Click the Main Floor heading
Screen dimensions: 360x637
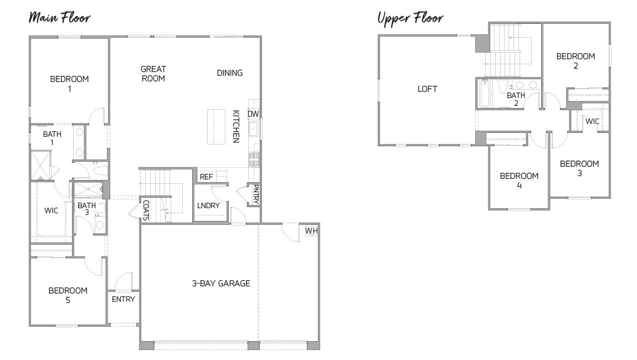[59, 17]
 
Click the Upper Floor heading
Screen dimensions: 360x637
[410, 18]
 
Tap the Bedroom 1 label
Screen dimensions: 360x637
[69, 83]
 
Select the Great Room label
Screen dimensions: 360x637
[153, 74]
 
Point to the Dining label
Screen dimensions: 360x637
[229, 73]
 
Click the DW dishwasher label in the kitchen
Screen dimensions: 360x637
[253, 114]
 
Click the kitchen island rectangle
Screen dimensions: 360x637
[216, 126]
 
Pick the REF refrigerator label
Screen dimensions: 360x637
[206, 177]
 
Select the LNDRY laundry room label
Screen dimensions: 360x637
[208, 205]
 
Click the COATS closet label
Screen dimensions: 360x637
[146, 210]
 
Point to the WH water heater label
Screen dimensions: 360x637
[310, 230]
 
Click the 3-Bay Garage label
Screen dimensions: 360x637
[221, 283]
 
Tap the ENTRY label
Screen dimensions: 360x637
[123, 299]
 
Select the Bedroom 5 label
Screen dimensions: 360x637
[68, 295]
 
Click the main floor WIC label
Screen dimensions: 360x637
[52, 210]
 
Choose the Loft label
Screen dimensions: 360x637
[427, 89]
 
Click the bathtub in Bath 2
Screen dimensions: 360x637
[485, 94]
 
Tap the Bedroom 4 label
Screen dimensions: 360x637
[519, 181]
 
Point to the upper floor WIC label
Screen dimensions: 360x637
[592, 121]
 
